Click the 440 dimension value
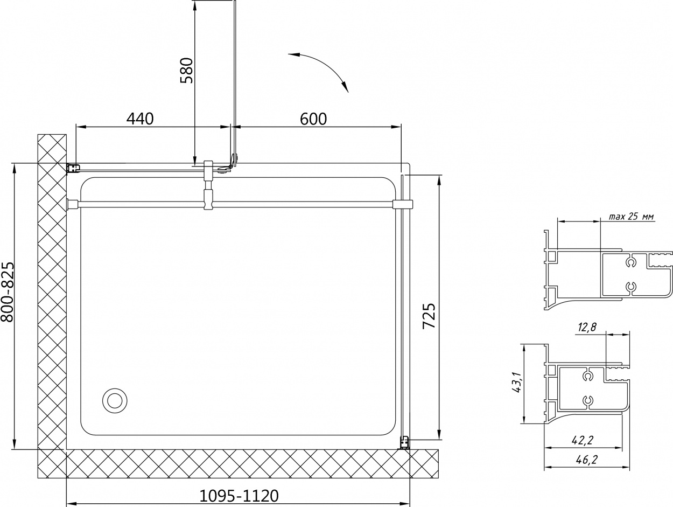[x=140, y=119]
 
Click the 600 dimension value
[x=313, y=119]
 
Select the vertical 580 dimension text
[x=186, y=70]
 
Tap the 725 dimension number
[x=429, y=316]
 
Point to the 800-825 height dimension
[x=7, y=291]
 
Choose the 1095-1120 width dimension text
[x=239, y=496]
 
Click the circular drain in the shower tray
[x=115, y=400]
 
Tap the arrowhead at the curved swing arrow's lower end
[x=345, y=87]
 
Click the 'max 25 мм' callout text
[x=631, y=217]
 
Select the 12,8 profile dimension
[x=587, y=327]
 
